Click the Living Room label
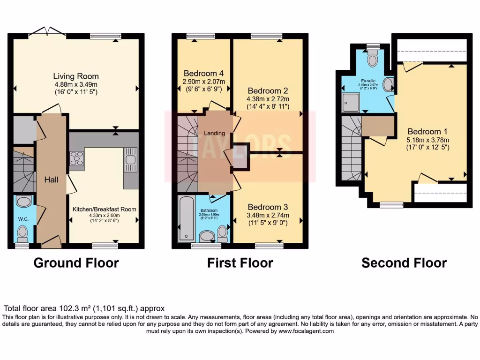point(75,76)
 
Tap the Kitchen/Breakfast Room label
point(104,209)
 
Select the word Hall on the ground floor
point(51,180)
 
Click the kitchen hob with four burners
point(76,160)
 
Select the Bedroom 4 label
point(203,73)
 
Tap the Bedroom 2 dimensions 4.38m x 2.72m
point(268,99)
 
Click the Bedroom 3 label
point(268,207)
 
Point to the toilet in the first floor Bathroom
point(222,232)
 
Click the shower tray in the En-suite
point(350,102)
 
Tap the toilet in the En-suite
point(373,59)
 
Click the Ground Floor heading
point(76,263)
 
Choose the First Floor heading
point(240,263)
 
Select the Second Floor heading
point(404,263)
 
